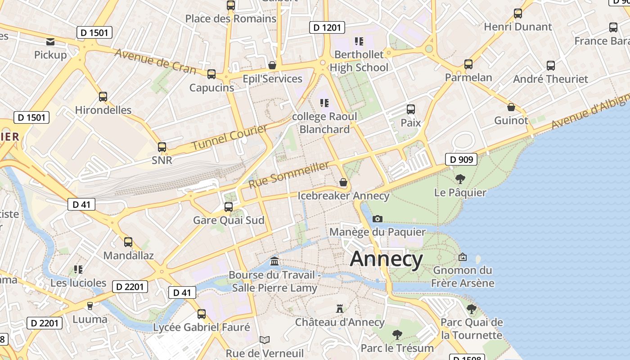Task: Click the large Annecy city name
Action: click(x=386, y=259)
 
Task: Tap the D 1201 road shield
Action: click(x=327, y=27)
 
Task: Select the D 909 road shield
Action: click(x=461, y=159)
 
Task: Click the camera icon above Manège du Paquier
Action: click(x=378, y=219)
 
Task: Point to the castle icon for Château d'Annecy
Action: click(x=340, y=309)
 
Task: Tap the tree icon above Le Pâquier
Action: click(x=460, y=179)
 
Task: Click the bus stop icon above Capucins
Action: click(x=211, y=74)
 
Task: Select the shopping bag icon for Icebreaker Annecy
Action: click(x=343, y=182)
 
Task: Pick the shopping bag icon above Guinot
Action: click(x=511, y=107)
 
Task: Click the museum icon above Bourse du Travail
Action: click(x=274, y=261)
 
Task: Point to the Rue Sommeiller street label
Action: click(x=289, y=175)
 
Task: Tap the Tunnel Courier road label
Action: click(x=229, y=138)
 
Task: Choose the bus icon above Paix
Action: click(x=410, y=109)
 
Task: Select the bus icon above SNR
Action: click(x=162, y=147)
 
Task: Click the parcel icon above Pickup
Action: click(x=50, y=42)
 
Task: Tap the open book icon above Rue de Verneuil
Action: click(x=265, y=340)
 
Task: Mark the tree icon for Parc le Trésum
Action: click(x=397, y=334)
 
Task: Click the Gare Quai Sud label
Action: click(x=229, y=220)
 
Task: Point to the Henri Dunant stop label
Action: click(x=518, y=27)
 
